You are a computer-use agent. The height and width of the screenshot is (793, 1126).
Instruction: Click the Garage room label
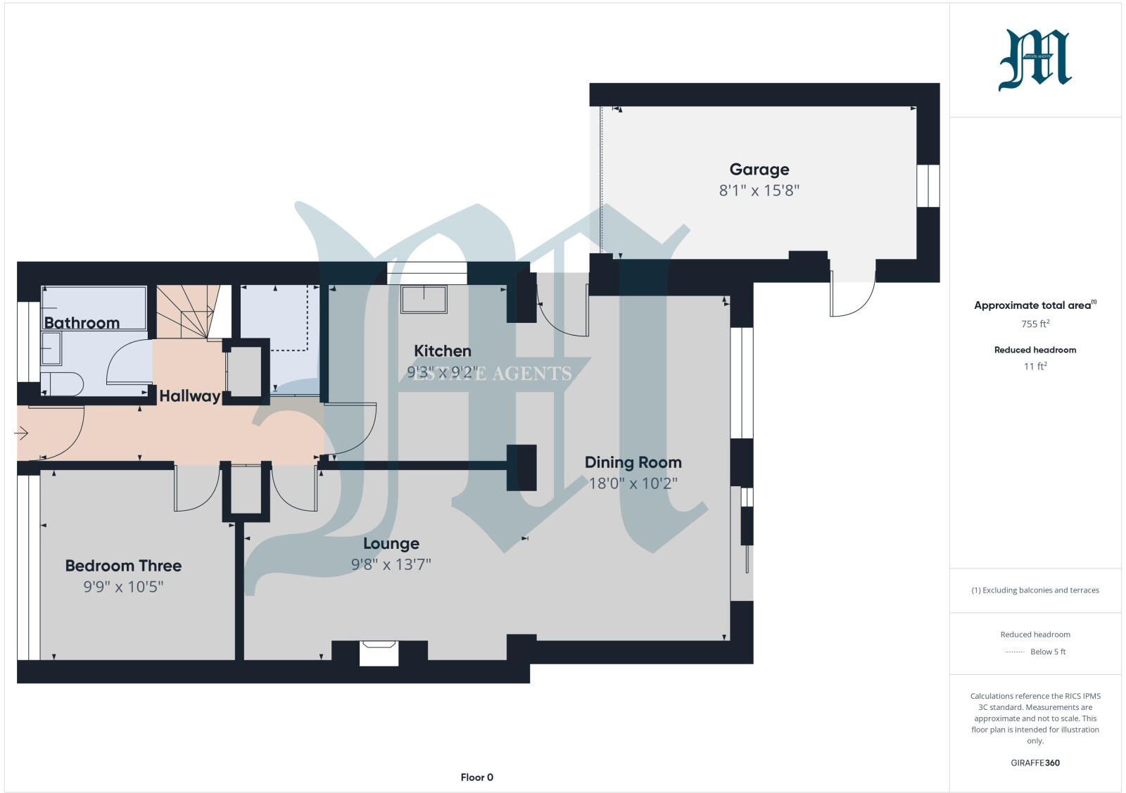click(x=759, y=170)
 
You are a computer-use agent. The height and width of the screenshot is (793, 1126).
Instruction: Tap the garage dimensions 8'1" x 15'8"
click(x=759, y=190)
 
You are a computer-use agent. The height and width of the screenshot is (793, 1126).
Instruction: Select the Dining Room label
click(x=633, y=462)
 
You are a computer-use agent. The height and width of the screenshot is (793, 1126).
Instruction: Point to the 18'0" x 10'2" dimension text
click(x=633, y=483)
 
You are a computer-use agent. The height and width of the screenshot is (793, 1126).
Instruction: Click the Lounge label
click(x=391, y=544)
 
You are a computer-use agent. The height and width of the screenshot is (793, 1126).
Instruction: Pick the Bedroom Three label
click(x=123, y=566)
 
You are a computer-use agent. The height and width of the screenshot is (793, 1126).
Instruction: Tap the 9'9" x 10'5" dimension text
click(x=123, y=587)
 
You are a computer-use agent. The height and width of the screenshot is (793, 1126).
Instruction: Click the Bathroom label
click(x=82, y=323)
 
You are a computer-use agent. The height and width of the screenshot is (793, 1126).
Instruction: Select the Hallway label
click(x=189, y=396)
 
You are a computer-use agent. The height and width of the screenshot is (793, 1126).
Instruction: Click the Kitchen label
click(x=442, y=350)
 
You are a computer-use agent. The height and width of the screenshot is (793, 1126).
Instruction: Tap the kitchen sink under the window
click(x=424, y=299)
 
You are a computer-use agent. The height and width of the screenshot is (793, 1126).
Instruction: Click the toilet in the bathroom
click(x=61, y=384)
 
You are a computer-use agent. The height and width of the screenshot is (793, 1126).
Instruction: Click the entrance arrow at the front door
click(x=21, y=433)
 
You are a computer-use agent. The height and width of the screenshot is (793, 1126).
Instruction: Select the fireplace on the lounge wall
click(x=379, y=652)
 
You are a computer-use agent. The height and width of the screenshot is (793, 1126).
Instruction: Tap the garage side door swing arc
click(x=852, y=296)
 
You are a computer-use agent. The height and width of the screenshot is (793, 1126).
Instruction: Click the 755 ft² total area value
click(x=1035, y=324)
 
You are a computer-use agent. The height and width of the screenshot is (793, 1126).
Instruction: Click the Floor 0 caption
click(x=476, y=778)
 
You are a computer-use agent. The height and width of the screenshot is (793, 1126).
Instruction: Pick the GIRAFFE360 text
click(x=1035, y=763)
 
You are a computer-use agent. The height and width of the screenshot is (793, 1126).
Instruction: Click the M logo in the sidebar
click(x=1035, y=60)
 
